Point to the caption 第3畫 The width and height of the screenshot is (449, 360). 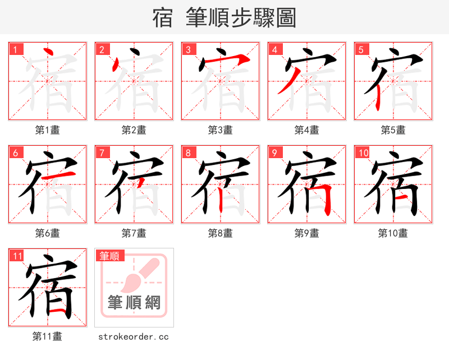point(220,130)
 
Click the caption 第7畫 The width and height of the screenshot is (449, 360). point(134,233)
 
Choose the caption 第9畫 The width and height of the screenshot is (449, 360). point(306,233)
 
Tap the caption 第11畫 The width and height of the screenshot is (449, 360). point(47,336)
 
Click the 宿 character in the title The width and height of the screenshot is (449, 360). point(162,18)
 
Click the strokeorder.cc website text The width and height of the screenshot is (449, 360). point(134,336)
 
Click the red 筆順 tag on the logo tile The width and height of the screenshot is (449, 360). point(109,256)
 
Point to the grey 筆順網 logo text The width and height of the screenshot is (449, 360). point(134,303)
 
